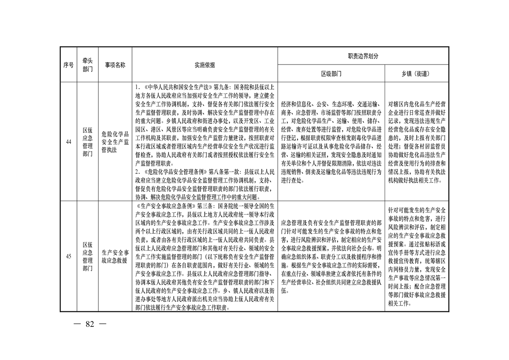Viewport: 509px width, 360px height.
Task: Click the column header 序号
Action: [68, 65]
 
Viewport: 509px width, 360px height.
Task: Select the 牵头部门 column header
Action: [88, 65]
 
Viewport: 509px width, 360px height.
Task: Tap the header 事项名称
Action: [115, 65]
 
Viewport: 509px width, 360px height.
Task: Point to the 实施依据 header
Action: [205, 65]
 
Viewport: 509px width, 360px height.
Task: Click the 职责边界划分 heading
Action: [363, 56]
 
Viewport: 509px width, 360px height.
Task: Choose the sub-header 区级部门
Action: [331, 74]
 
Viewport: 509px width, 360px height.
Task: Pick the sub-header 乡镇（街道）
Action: [417, 74]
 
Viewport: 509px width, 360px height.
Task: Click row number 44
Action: [69, 142]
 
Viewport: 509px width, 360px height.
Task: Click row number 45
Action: [69, 256]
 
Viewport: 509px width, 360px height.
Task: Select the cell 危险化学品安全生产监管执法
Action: [115, 142]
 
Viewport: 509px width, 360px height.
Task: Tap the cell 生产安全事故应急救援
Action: [115, 256]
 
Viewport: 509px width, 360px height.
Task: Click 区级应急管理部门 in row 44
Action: [88, 142]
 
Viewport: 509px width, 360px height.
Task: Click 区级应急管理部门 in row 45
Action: [88, 256]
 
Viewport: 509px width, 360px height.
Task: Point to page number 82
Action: [89, 324]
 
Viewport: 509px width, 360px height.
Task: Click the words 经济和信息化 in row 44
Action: [296, 104]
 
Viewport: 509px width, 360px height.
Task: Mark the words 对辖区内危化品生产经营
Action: [417, 104]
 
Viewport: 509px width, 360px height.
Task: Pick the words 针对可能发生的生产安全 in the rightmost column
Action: [417, 210]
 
